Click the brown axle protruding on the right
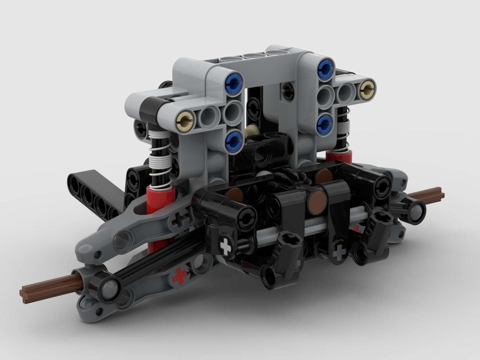click(x=427, y=194)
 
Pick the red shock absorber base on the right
click(x=339, y=156)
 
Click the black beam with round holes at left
click(x=91, y=192)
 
